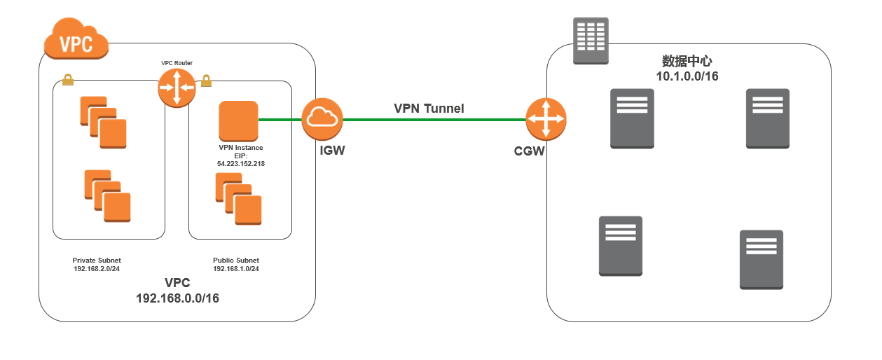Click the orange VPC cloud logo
76,41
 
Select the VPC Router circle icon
177,88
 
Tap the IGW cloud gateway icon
322,118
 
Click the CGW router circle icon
546,119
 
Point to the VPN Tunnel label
429,109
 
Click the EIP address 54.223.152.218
240,163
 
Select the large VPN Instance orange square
239,120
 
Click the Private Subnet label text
97,261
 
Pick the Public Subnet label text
236,261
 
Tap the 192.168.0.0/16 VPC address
177,298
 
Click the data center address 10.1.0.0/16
687,76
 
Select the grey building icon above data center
591,41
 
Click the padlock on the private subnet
68,80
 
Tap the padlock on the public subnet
207,81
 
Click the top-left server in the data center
631,118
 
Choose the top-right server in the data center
768,118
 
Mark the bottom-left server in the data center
620,245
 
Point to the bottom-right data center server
762,259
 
